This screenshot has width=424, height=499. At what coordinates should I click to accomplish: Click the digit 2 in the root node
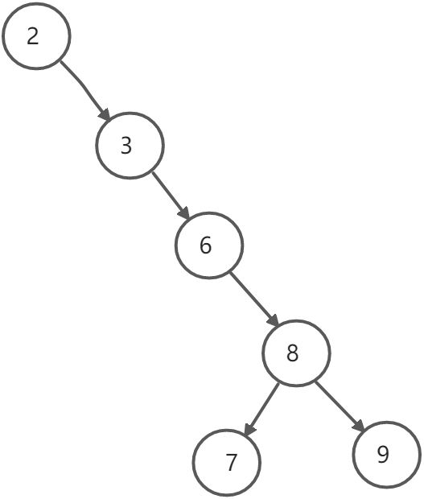(x=33, y=36)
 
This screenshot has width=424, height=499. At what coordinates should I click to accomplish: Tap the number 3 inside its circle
(x=126, y=146)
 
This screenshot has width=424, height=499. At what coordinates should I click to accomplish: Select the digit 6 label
(x=205, y=245)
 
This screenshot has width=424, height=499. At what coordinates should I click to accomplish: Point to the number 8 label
(x=292, y=353)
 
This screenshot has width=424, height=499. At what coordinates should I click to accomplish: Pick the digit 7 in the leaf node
(x=232, y=462)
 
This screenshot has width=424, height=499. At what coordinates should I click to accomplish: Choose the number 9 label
(x=383, y=454)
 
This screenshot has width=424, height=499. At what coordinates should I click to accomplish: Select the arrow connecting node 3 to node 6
(x=171, y=196)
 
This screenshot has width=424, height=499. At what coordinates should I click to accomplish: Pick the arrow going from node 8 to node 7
(x=261, y=409)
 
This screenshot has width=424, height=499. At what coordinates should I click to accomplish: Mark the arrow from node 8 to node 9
(x=340, y=406)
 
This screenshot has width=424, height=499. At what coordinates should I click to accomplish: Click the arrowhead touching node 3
(x=105, y=114)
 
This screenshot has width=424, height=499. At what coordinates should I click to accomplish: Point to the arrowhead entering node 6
(x=184, y=213)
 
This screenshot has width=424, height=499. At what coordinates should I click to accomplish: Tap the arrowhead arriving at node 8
(x=273, y=320)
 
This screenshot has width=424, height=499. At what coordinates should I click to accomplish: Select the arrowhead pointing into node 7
(x=249, y=429)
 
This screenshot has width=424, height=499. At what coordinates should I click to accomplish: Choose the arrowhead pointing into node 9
(x=358, y=426)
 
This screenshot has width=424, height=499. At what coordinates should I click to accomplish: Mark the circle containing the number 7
(x=192, y=463)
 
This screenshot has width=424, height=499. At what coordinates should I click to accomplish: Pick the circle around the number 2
(x=2, y=35)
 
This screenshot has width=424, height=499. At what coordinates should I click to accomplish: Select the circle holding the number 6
(x=175, y=245)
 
